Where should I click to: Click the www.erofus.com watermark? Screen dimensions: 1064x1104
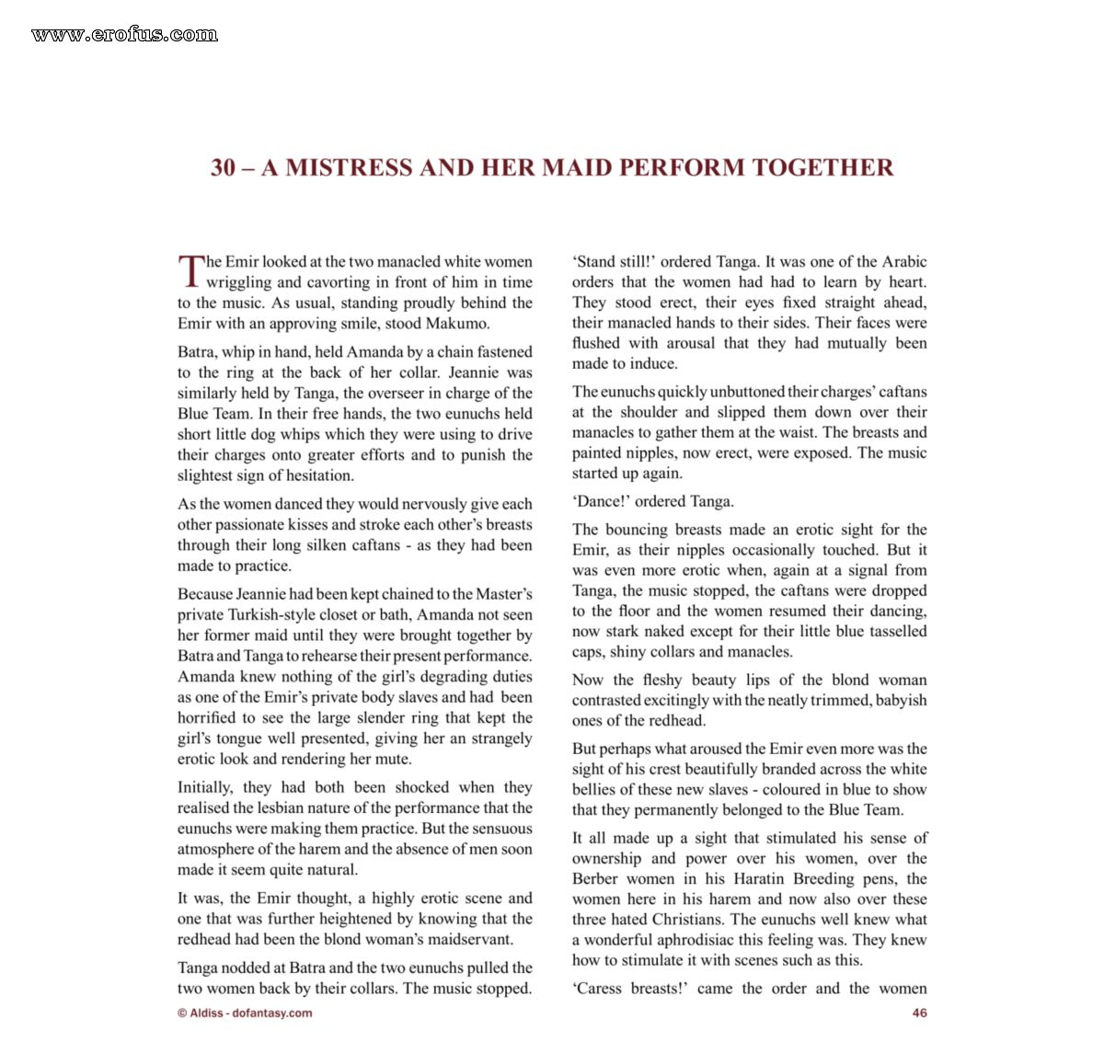[124, 35]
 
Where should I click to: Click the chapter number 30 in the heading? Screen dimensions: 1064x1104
[223, 167]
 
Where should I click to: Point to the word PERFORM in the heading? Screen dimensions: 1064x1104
[681, 167]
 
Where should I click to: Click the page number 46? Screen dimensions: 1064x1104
[919, 1013]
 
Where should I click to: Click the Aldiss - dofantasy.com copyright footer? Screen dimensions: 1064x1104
[245, 1013]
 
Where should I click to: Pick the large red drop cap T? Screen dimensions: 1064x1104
[190, 271]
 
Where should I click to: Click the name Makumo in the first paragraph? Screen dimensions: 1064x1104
[457, 323]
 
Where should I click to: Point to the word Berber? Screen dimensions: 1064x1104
[596, 878]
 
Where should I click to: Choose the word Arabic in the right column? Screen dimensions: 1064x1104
[904, 261]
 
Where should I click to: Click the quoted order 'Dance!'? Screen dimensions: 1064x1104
[601, 501]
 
